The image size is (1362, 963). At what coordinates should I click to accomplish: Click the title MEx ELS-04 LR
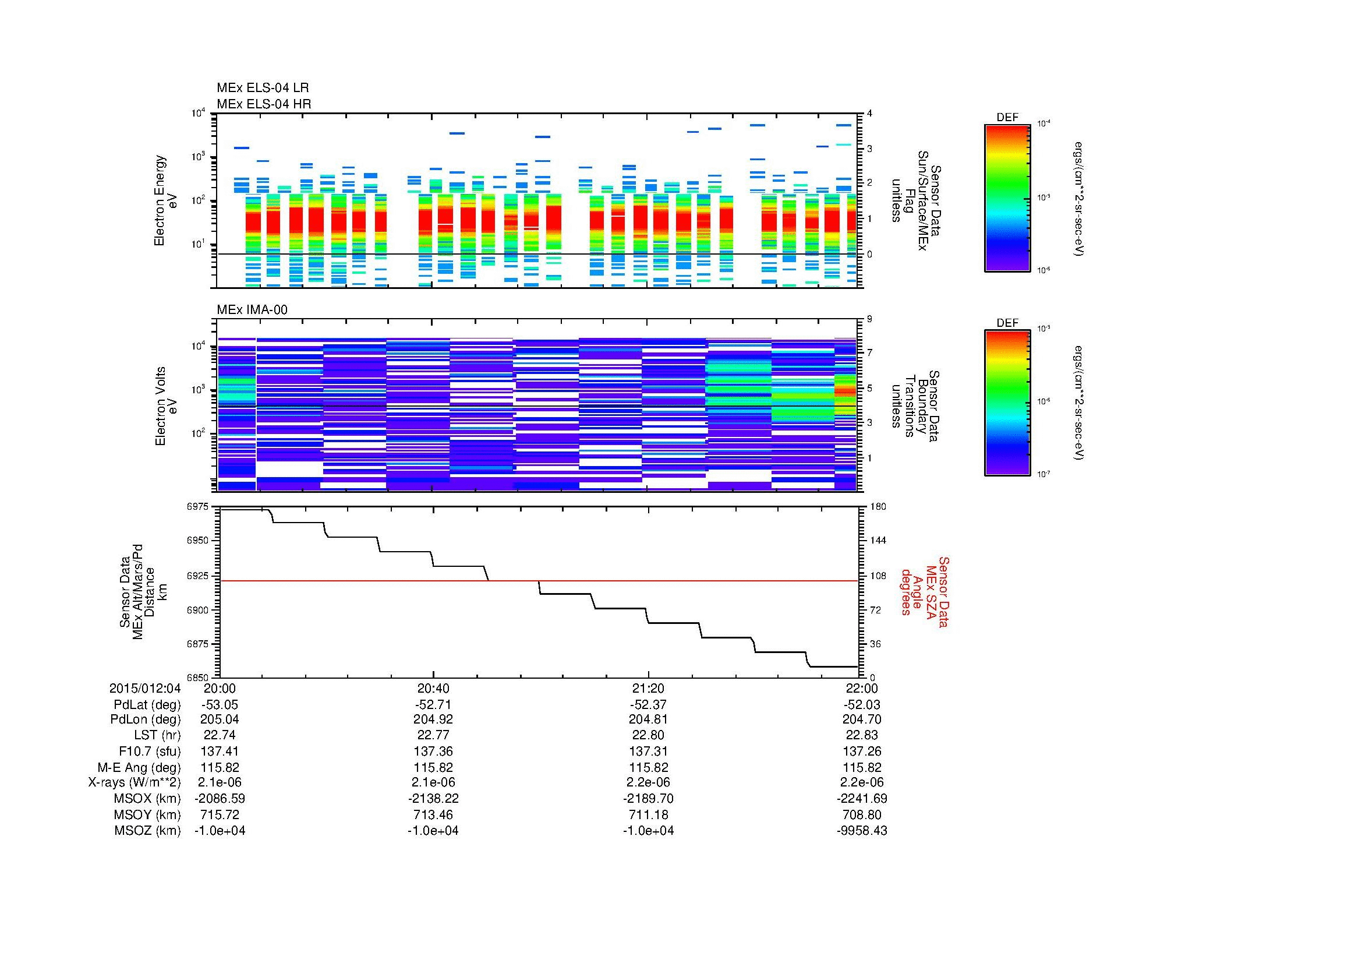point(262,88)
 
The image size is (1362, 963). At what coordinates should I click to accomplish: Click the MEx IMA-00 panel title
point(252,310)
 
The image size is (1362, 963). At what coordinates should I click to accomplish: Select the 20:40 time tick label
point(433,688)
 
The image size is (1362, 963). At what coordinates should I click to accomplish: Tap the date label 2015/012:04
point(145,688)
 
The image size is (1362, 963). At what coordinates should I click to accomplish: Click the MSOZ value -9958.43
point(862,831)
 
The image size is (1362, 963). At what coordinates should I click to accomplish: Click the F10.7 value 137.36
point(433,752)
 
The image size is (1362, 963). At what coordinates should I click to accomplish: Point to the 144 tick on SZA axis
point(878,541)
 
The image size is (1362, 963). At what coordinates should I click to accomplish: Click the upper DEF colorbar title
point(1007,118)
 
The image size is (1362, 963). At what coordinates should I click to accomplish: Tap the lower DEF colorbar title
point(1007,323)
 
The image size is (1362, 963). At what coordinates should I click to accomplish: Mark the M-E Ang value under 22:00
point(862,767)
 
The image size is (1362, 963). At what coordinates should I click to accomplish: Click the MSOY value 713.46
point(433,814)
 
